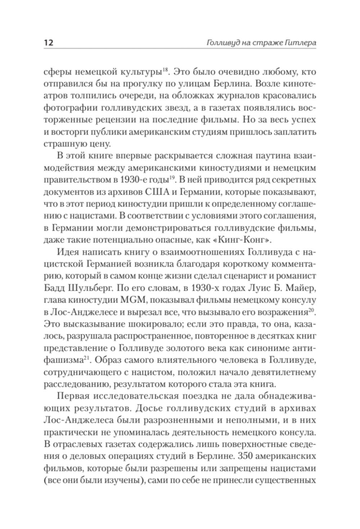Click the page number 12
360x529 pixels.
(x=49, y=42)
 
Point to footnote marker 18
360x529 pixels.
(x=165, y=69)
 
